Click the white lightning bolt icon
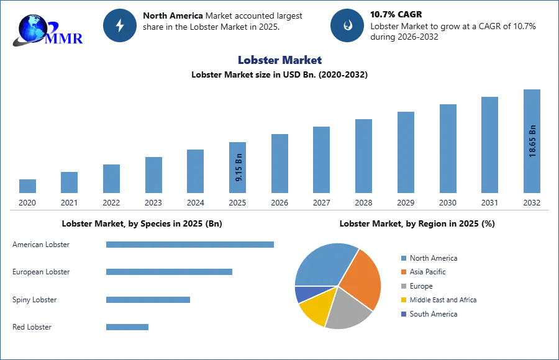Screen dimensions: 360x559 point(120,25)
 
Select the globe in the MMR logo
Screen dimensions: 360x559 point(32,27)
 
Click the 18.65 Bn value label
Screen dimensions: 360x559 point(532,142)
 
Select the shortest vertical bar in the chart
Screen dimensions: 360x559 point(27,186)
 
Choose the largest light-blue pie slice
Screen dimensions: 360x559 point(323,264)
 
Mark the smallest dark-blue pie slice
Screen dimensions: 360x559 point(305,293)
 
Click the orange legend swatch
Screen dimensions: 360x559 point(403,272)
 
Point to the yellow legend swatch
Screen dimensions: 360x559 point(403,300)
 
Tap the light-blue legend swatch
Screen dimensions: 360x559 point(403,258)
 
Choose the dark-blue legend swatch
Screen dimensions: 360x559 point(403,314)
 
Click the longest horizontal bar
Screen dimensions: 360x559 point(191,244)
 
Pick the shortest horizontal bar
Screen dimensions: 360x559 point(127,327)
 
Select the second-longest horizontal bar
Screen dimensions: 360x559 point(168,272)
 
